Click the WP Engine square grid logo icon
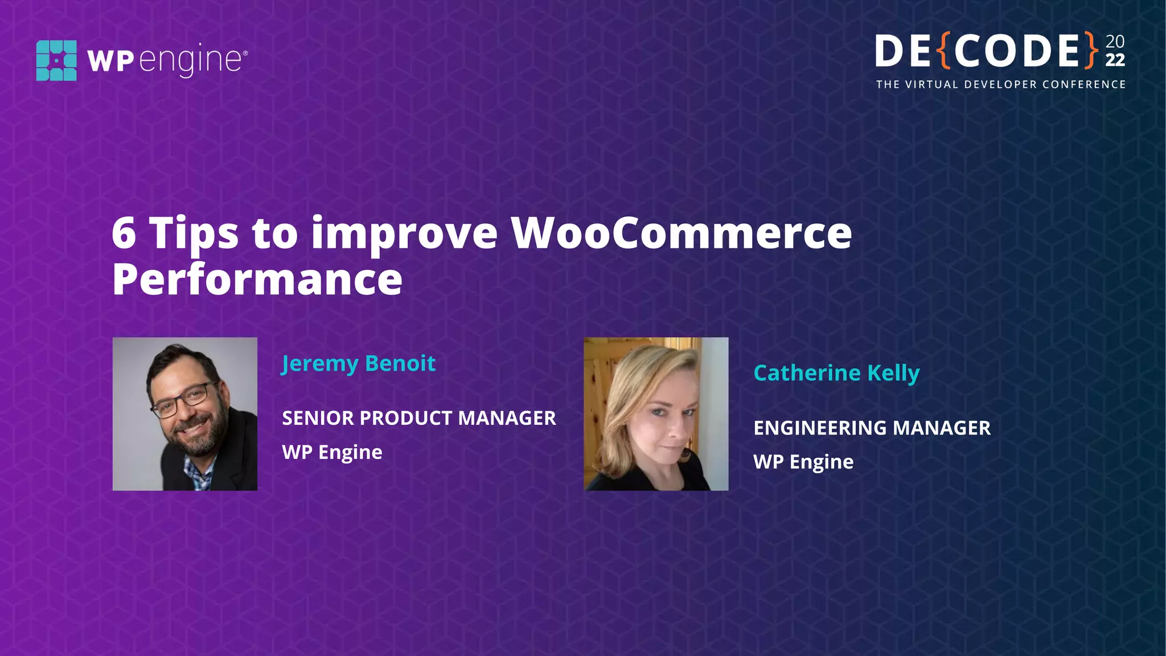coord(56,60)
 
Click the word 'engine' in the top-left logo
coord(191,59)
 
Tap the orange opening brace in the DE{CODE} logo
coord(943,51)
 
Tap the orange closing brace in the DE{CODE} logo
coord(1091,51)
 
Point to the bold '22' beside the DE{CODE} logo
coord(1115,60)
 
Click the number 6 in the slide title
coord(124,233)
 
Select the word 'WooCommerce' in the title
coord(681,233)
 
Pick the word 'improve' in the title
coord(404,233)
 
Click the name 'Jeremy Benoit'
coord(359,363)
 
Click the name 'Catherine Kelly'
coord(836,373)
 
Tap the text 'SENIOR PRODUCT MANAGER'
coord(418,419)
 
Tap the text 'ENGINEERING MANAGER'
coord(872,428)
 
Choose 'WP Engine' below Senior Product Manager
coord(332,452)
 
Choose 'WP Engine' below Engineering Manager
coord(803,462)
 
